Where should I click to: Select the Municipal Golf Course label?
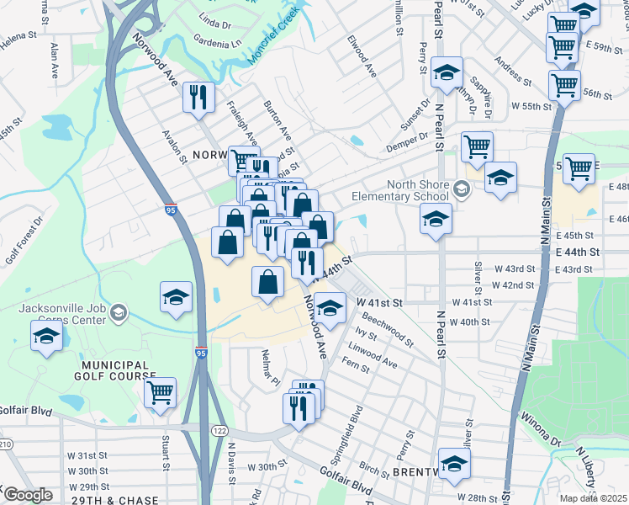coord(119,371)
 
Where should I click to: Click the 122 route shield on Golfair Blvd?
coord(220,430)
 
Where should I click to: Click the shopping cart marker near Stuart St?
coord(160,391)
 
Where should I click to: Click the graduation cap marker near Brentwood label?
coord(455,464)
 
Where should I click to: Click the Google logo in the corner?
coord(29,495)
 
